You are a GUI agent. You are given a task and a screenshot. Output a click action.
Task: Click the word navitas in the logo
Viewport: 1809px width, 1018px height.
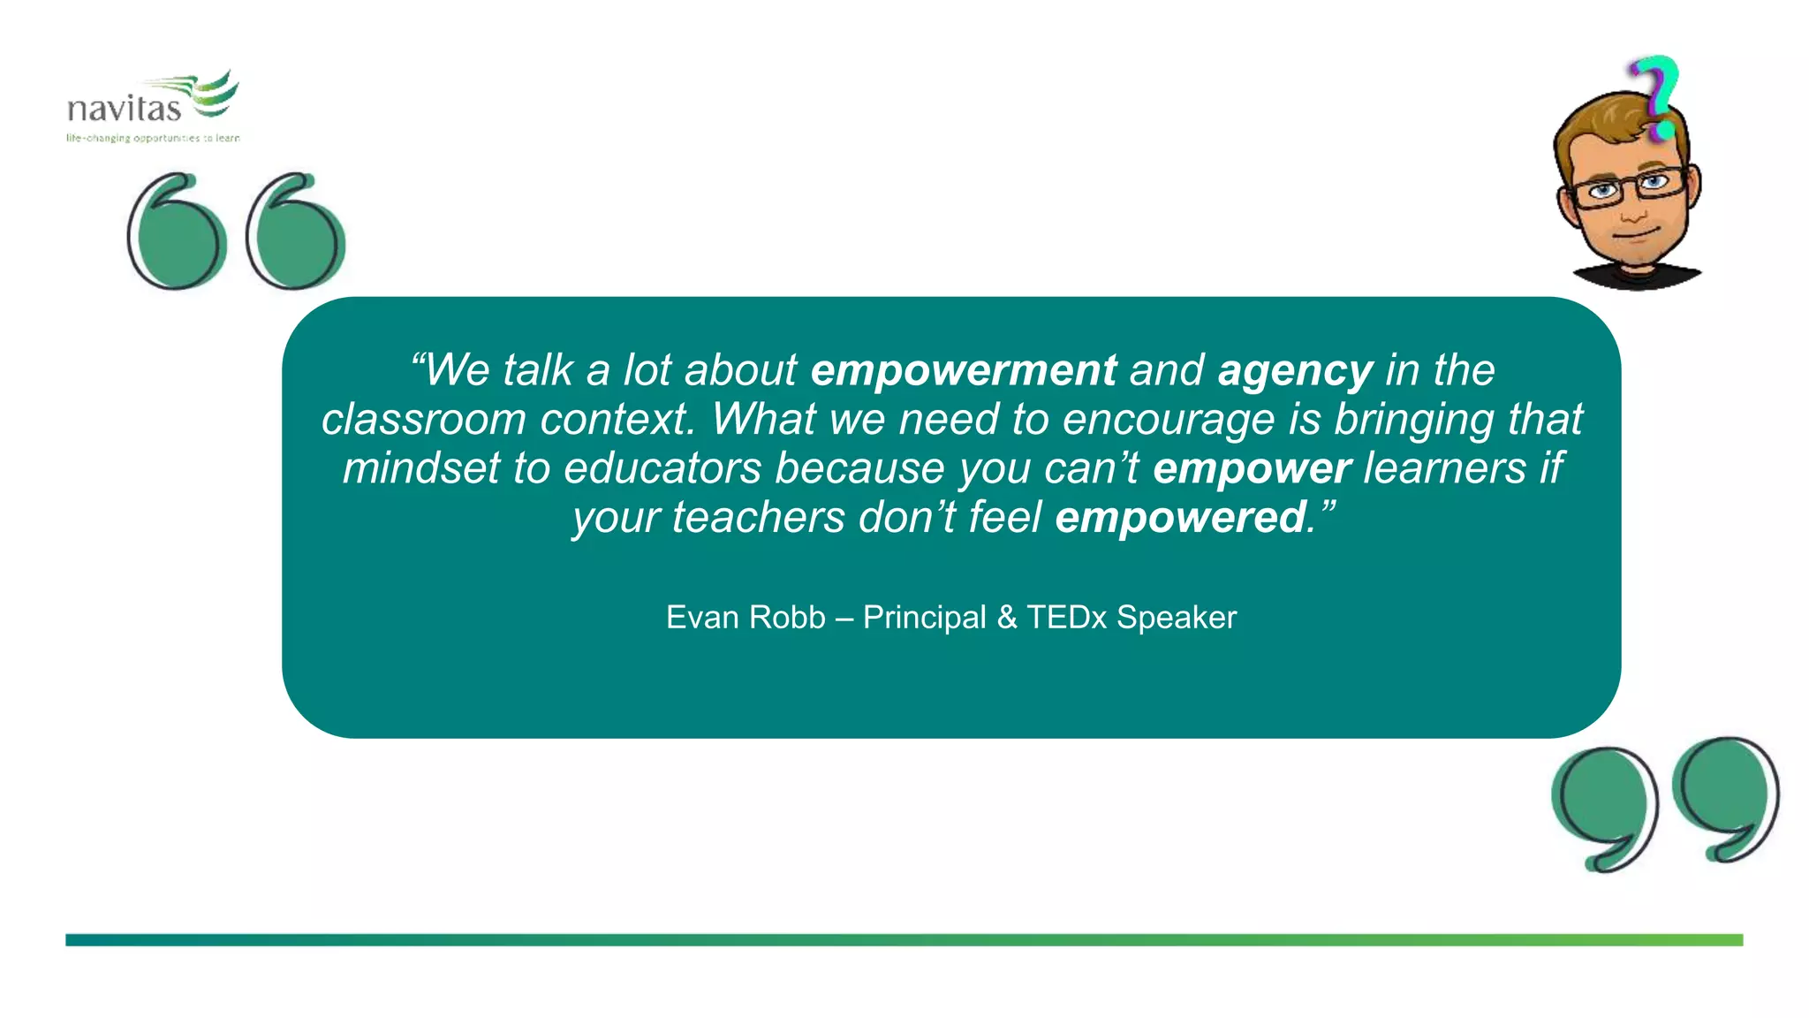(124, 110)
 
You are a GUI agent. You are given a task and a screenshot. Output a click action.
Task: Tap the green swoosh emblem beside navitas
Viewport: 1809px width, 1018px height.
(212, 93)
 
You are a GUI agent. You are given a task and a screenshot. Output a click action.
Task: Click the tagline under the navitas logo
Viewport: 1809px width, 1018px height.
(153, 138)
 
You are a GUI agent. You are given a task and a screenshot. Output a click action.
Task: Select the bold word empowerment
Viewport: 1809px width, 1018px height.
(964, 370)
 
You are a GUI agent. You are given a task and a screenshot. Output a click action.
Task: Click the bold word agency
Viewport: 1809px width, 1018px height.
(1295, 370)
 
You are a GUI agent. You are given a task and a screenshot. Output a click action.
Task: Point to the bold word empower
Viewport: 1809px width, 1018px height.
(1252, 468)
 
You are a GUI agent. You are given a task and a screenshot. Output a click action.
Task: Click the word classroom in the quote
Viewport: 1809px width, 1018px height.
(423, 420)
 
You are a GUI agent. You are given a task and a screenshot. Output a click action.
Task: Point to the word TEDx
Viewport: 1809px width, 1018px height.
(1066, 618)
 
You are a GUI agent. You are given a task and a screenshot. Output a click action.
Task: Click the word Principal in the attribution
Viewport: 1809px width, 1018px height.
(924, 618)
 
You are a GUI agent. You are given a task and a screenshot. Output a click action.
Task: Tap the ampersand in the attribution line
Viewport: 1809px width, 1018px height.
(1007, 618)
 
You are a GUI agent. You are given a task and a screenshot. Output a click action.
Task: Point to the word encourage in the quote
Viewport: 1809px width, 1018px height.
(1168, 420)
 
